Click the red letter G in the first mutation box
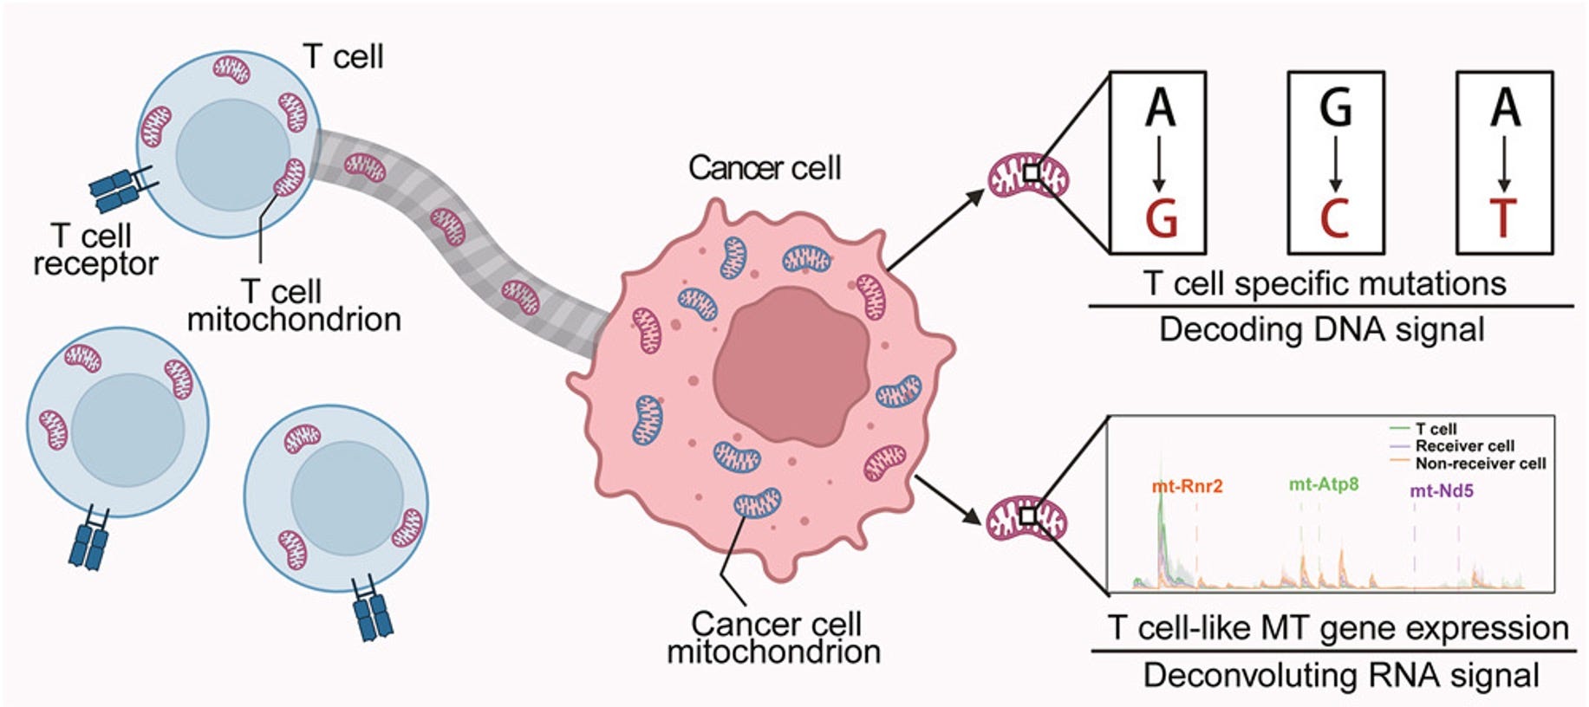pos(1161,217)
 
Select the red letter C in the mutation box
pos(1335,217)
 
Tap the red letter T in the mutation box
pos(1504,217)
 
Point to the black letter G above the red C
pos(1335,107)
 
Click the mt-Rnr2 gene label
pos(1187,486)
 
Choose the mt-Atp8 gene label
pos(1323,484)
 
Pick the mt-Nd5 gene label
pos(1442,490)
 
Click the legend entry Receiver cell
pos(1464,445)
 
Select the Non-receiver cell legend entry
pos(1480,464)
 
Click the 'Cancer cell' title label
pos(765,168)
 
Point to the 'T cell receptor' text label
pos(94,250)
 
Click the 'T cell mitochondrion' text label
pos(294,305)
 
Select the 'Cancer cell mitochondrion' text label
pos(774,638)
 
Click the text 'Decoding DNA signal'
pos(1321,330)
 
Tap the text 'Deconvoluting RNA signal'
pos(1340,675)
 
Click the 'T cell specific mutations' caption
pos(1324,283)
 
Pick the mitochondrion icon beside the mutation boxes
pos(1029,175)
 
